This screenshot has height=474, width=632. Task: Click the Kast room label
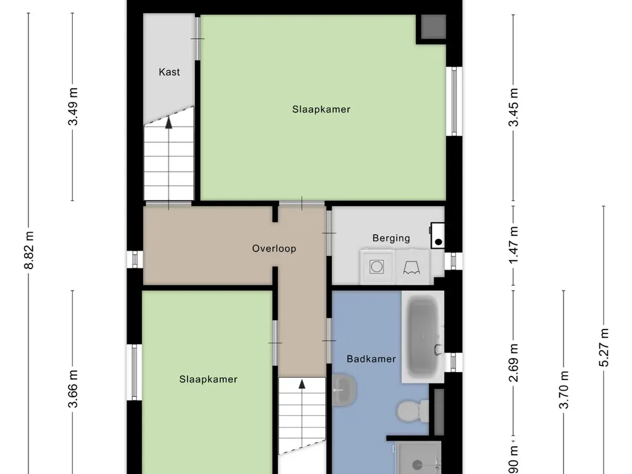click(169, 72)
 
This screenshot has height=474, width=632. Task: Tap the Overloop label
click(274, 249)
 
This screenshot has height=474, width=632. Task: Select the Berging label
click(391, 238)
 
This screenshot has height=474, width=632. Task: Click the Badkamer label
click(371, 359)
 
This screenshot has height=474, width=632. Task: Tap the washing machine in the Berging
click(376, 267)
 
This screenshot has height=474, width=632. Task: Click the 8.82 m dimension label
click(29, 251)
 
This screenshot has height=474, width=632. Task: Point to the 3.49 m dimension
click(73, 107)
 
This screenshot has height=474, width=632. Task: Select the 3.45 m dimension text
click(513, 107)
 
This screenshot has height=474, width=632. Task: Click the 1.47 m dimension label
click(513, 246)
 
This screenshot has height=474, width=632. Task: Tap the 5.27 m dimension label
click(604, 347)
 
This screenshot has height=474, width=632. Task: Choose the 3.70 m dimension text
click(563, 389)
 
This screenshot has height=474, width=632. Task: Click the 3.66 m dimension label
click(73, 389)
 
